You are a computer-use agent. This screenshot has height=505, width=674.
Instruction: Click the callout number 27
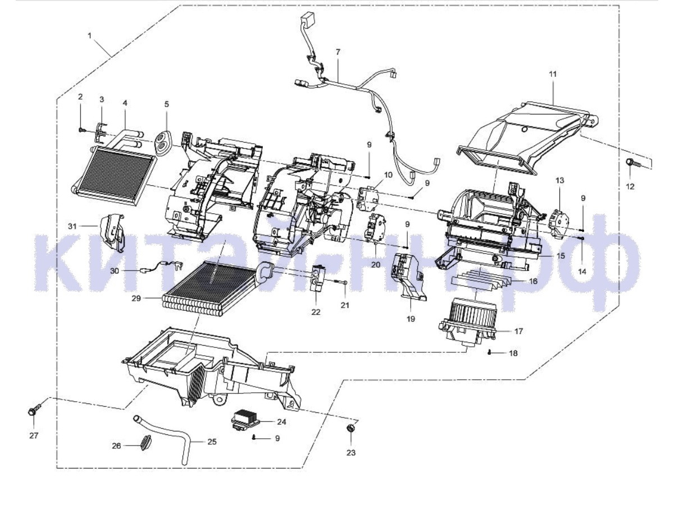34,435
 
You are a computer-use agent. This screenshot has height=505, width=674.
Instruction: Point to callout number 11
553,74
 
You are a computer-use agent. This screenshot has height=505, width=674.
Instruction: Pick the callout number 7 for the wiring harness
338,52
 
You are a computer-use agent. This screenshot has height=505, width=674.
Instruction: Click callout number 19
411,319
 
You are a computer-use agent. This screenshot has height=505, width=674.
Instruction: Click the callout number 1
89,35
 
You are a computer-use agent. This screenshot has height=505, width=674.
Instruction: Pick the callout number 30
115,270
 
